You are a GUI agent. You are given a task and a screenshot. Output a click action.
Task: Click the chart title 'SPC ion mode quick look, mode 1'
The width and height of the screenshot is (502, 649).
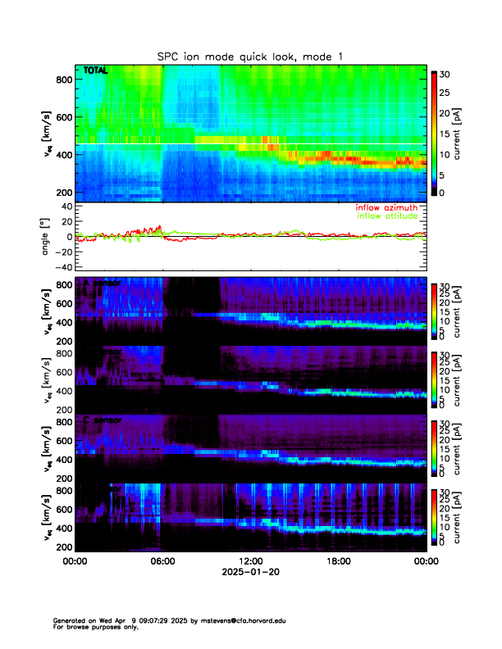point(250,56)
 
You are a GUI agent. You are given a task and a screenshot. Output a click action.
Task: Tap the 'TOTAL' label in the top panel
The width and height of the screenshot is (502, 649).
point(95,71)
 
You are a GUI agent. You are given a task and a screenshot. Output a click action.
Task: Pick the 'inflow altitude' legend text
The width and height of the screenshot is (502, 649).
point(386,217)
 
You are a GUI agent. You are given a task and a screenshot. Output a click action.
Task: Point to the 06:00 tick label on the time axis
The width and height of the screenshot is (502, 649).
point(162,562)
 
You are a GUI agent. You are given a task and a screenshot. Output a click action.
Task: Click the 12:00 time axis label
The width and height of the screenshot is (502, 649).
point(250,562)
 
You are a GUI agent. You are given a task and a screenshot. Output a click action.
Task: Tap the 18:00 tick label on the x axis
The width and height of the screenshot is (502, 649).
point(338,562)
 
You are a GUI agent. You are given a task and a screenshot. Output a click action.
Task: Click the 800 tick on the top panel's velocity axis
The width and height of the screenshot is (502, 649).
point(64,79)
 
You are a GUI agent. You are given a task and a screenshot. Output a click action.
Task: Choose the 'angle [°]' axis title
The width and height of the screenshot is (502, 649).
point(46,237)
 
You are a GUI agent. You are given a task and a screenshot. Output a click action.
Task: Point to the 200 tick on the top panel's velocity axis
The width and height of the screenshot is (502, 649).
point(64,192)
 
